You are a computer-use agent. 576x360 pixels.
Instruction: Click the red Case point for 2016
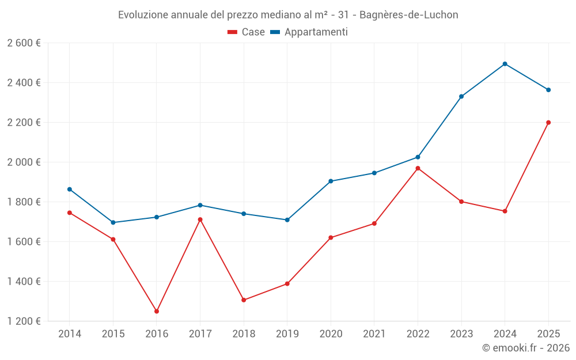tap(157, 311)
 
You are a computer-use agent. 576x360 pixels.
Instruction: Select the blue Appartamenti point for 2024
tap(505, 64)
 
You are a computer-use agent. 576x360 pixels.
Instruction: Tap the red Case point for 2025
tap(548, 122)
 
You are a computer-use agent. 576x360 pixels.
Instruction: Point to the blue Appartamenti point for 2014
tap(70, 189)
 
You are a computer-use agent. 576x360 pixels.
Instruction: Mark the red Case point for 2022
tap(418, 168)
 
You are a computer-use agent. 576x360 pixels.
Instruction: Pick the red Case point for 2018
tap(244, 300)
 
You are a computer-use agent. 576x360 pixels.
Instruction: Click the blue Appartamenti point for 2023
tap(461, 96)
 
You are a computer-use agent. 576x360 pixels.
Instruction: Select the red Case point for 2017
tap(200, 219)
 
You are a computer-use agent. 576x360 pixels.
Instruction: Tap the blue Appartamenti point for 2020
tap(331, 181)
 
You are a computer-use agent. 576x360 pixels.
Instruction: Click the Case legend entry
tap(247, 32)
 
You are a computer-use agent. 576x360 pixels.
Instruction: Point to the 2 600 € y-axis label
tap(24, 43)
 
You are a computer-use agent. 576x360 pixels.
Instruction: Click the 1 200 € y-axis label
tap(24, 321)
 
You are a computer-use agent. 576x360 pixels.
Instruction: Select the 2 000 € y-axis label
tap(24, 162)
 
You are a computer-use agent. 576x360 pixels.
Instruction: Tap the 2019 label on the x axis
tap(287, 334)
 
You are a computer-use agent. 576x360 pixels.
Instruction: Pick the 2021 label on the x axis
tap(374, 334)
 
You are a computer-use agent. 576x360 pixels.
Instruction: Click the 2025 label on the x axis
tap(548, 334)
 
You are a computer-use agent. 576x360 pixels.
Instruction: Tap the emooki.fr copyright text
tap(526, 348)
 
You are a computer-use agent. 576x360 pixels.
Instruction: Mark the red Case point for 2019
tap(287, 283)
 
